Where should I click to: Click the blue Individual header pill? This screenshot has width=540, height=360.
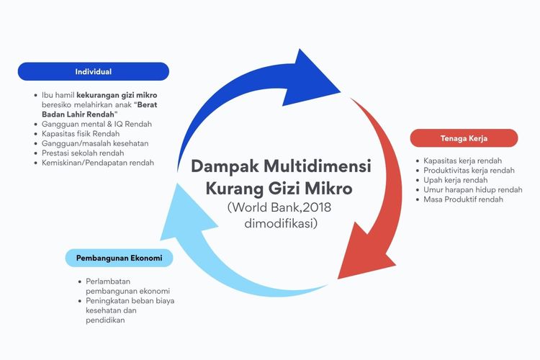point(93,71)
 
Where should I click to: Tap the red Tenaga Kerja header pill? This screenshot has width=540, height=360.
point(464,138)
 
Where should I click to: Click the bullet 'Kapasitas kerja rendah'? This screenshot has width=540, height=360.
point(462,161)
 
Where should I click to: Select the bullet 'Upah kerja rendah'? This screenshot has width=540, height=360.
point(455,180)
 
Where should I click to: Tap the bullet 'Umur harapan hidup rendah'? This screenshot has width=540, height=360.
point(472,189)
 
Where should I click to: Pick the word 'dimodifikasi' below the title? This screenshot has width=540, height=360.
point(281,224)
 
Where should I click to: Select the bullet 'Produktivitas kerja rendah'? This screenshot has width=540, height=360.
point(469,170)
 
